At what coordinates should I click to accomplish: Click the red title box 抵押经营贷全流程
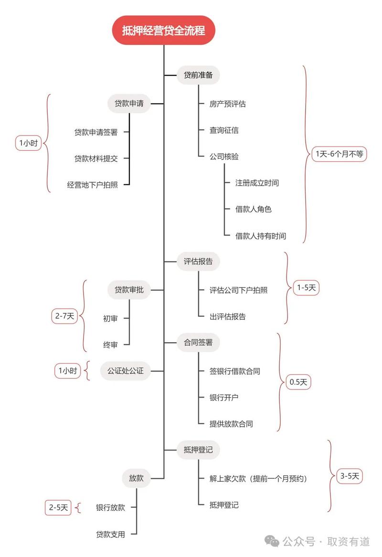163,31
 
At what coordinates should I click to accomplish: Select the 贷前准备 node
198,75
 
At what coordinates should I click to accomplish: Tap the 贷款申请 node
129,103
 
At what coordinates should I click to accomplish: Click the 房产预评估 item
228,104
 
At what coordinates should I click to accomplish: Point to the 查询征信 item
224,130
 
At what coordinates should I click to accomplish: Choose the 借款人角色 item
254,209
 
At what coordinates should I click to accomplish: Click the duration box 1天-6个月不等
339,154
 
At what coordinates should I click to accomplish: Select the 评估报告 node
198,262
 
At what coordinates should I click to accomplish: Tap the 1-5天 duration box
306,288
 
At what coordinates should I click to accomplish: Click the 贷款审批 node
129,289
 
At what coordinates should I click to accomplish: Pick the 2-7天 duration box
64,316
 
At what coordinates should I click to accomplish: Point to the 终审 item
110,345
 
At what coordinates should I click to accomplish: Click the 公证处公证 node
126,370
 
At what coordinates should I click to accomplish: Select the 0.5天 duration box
298,382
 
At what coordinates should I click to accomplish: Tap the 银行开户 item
224,397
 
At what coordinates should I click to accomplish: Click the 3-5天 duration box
350,476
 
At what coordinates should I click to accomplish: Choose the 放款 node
136,478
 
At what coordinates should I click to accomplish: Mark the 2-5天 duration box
58,507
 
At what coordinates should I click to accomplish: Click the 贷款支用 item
110,534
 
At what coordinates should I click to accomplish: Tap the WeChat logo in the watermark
273,541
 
